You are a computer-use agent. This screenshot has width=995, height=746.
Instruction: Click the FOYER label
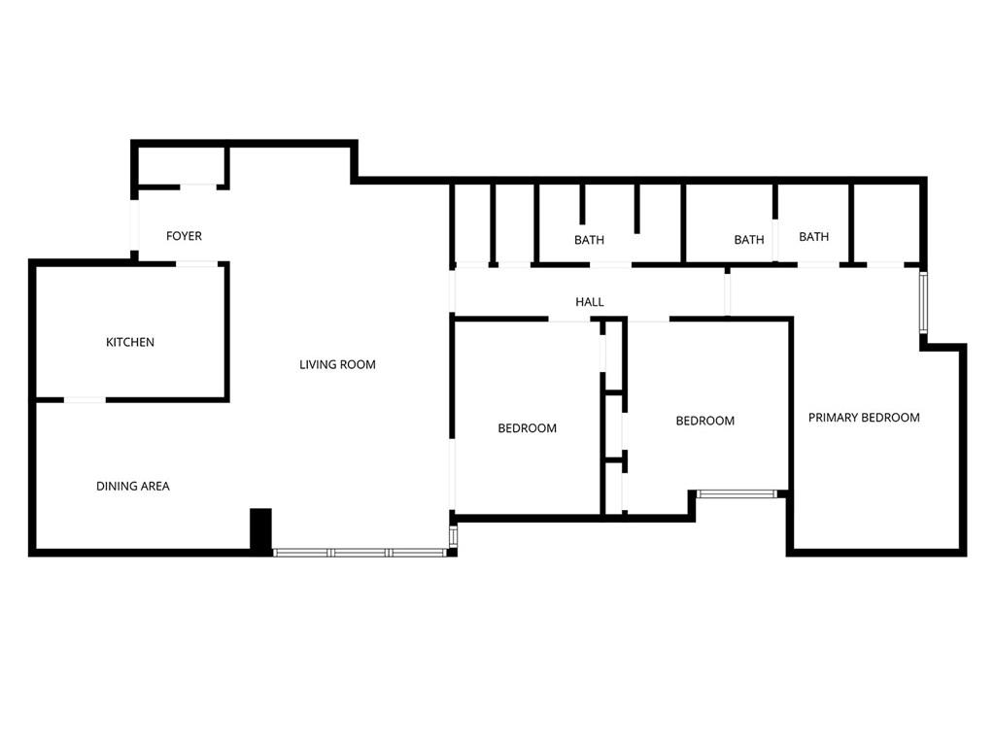point(184,236)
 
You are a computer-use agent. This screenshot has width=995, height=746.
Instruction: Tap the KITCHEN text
point(130,342)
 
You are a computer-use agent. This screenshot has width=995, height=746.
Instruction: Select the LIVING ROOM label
point(337,364)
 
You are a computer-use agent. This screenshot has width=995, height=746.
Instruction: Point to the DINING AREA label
point(132,486)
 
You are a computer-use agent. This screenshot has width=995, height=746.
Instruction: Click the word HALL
point(590,302)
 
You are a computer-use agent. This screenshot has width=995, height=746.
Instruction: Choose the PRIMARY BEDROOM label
point(864,418)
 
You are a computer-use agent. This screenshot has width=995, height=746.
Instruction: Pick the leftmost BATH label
point(589,240)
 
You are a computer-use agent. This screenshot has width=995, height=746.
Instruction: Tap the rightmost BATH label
point(814,236)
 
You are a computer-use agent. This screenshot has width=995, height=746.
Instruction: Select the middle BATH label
point(749,240)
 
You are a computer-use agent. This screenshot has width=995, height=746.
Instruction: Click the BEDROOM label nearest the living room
point(528,428)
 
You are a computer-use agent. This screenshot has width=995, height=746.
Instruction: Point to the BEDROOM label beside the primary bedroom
point(705,421)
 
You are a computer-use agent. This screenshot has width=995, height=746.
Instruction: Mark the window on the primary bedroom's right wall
point(923,303)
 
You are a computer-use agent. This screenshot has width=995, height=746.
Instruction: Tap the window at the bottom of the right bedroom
point(737,494)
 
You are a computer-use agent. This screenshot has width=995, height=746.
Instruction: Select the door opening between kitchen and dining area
point(85,399)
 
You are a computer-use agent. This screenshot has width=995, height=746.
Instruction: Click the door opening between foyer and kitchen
point(196,263)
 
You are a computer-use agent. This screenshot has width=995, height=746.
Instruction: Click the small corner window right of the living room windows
point(453,535)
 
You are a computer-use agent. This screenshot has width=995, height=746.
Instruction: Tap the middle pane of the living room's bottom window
point(360,553)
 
